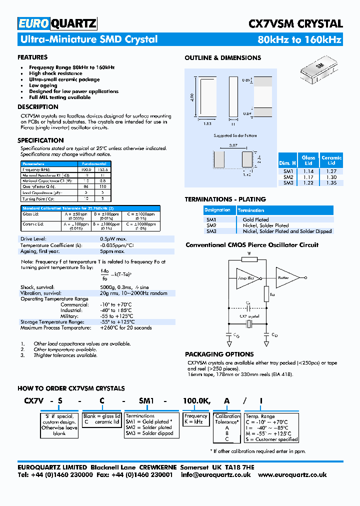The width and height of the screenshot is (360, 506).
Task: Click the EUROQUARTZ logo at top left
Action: click(x=57, y=23)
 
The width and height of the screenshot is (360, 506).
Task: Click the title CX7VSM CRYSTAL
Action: click(x=295, y=23)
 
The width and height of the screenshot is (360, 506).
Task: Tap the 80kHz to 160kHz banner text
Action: click(x=299, y=40)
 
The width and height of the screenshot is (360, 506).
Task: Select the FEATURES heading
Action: click(x=32, y=57)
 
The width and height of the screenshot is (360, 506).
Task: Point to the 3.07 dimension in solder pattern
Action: click(x=232, y=145)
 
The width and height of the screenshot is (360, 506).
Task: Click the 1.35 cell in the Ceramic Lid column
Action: click(x=331, y=183)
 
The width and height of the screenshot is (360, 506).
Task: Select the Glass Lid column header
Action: click(x=308, y=160)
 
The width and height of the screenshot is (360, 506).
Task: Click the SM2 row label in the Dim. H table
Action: click(x=288, y=177)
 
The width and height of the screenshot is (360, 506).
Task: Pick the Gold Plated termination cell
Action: click(x=255, y=219)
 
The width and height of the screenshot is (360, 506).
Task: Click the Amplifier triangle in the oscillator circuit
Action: click(x=246, y=278)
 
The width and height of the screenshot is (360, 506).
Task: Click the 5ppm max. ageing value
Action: click(x=112, y=251)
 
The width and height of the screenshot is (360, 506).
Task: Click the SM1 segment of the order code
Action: click(x=147, y=401)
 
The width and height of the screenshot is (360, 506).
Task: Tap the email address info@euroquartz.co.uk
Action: click(x=216, y=475)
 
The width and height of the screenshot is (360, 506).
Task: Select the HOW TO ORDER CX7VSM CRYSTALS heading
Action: click(x=71, y=388)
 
